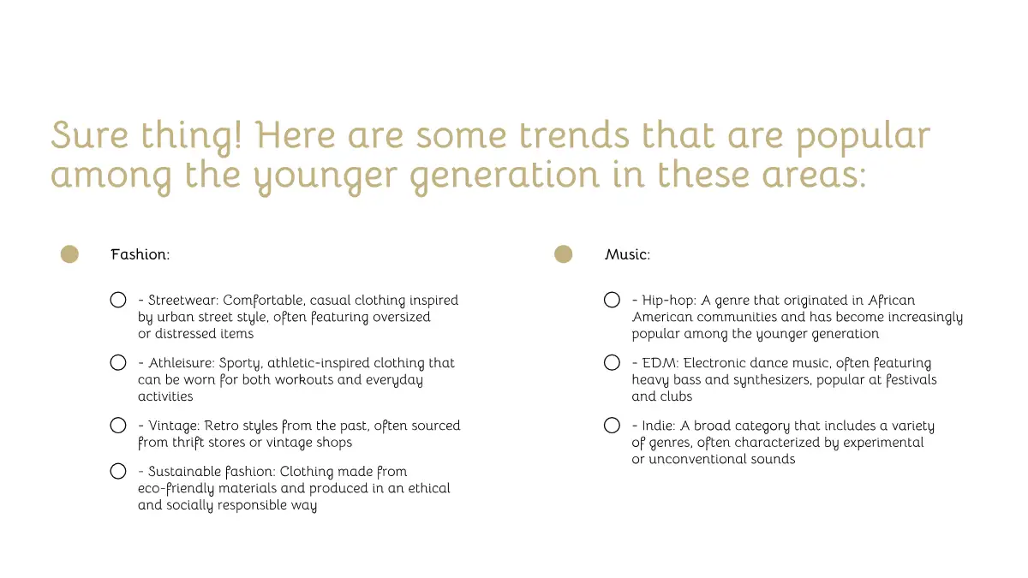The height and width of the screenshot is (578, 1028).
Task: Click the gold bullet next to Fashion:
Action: pyautogui.click(x=69, y=254)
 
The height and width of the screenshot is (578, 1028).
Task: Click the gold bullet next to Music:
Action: pyautogui.click(x=563, y=254)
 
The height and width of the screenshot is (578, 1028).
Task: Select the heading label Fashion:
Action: pyautogui.click(x=140, y=254)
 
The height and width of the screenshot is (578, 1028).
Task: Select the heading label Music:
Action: pyautogui.click(x=627, y=254)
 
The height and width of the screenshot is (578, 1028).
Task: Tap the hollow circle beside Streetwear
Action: pyautogui.click(x=118, y=300)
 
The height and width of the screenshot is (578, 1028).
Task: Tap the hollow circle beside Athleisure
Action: pyautogui.click(x=118, y=363)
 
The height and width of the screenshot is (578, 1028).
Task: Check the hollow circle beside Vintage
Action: pyautogui.click(x=118, y=426)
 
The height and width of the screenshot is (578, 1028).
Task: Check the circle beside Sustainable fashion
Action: pyautogui.click(x=118, y=471)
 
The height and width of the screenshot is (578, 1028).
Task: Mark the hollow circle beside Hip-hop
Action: pyautogui.click(x=612, y=300)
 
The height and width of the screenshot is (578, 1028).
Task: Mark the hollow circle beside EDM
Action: pyautogui.click(x=612, y=363)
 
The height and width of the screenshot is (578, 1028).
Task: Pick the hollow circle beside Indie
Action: pyautogui.click(x=612, y=426)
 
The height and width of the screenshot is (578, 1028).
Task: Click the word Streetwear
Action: pyautogui.click(x=183, y=300)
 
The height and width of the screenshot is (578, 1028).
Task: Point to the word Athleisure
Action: pyautogui.click(x=182, y=363)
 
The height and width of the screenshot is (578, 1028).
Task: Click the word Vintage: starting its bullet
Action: pyautogui.click(x=174, y=426)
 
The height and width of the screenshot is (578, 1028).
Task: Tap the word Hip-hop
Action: pyautogui.click(x=669, y=301)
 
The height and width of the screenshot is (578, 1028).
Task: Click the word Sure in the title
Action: pyautogui.click(x=89, y=135)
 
